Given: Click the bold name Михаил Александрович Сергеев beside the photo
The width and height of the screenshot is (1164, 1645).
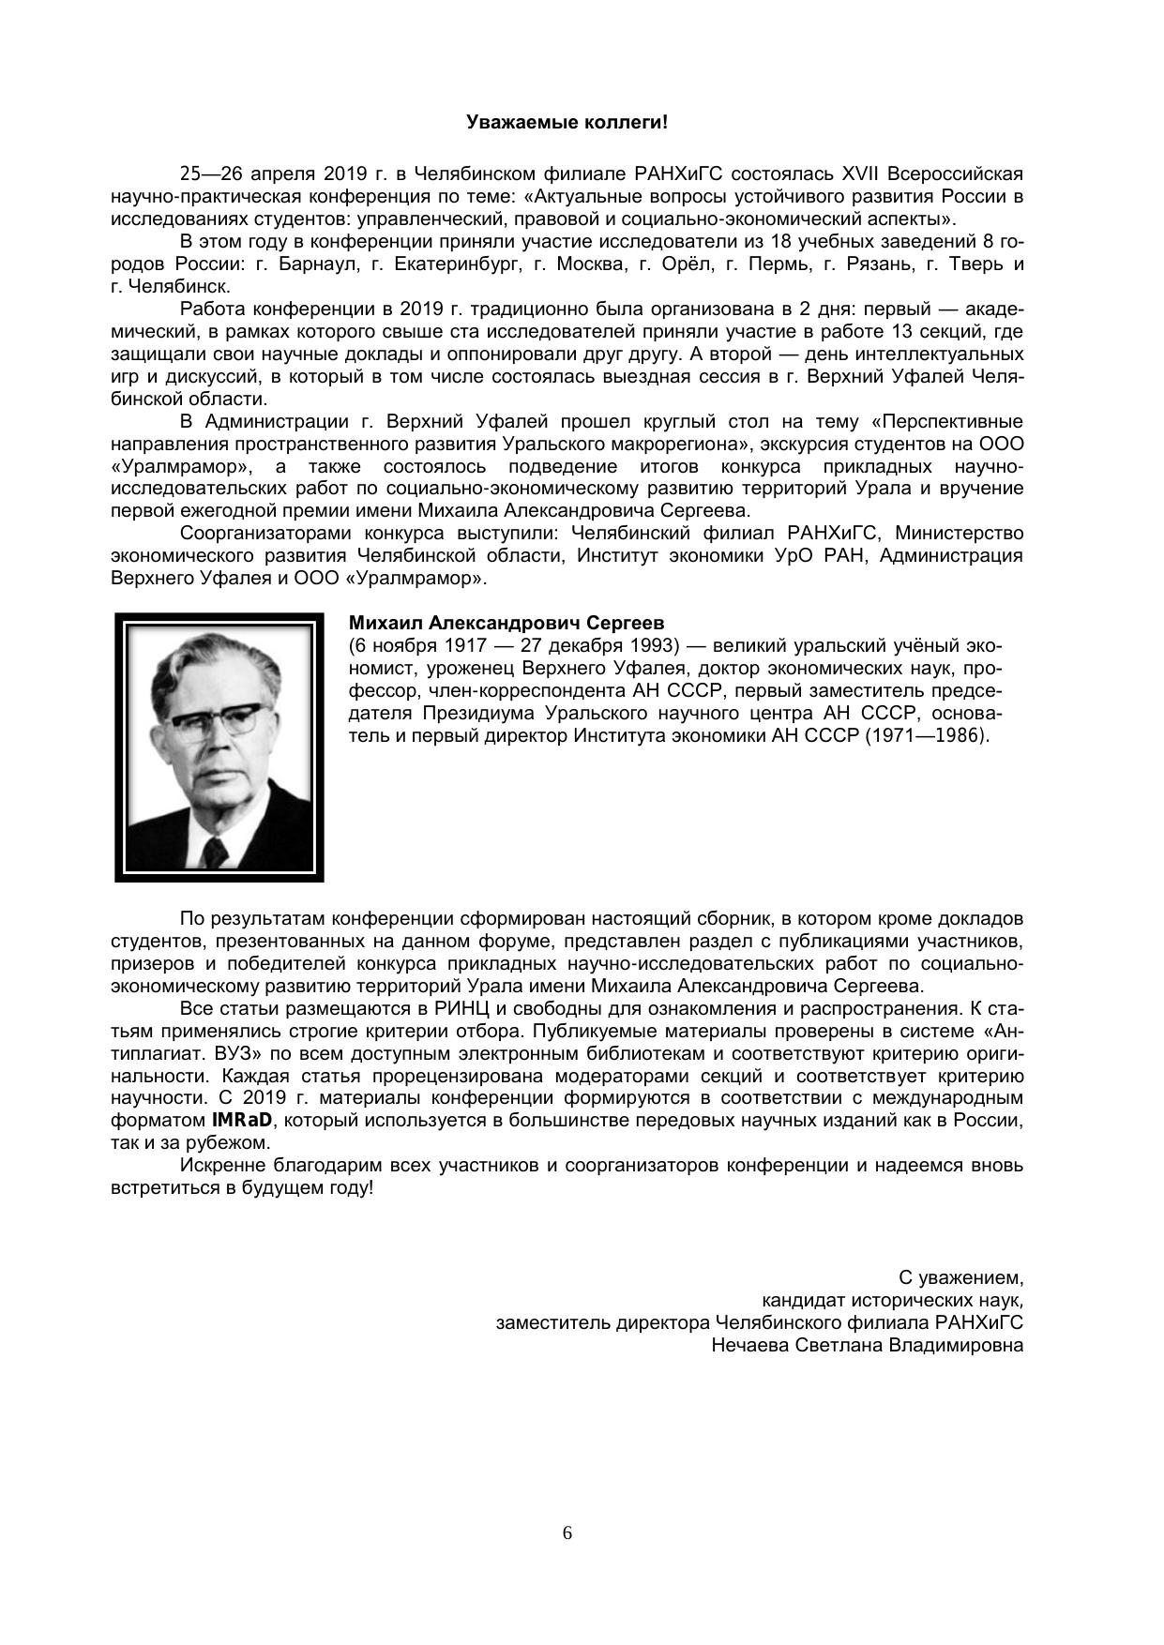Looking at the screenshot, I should [x=506, y=624].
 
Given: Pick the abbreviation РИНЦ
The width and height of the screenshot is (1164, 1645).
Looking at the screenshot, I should [x=463, y=1009].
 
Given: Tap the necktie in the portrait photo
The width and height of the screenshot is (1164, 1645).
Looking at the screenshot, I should [x=215, y=849].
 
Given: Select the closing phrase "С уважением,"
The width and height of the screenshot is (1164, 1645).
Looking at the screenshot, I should [x=960, y=1277].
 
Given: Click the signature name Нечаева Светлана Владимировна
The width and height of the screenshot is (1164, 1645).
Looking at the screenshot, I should [x=867, y=1345].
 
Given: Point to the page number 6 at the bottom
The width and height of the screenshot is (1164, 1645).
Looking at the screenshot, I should [x=567, y=1533].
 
